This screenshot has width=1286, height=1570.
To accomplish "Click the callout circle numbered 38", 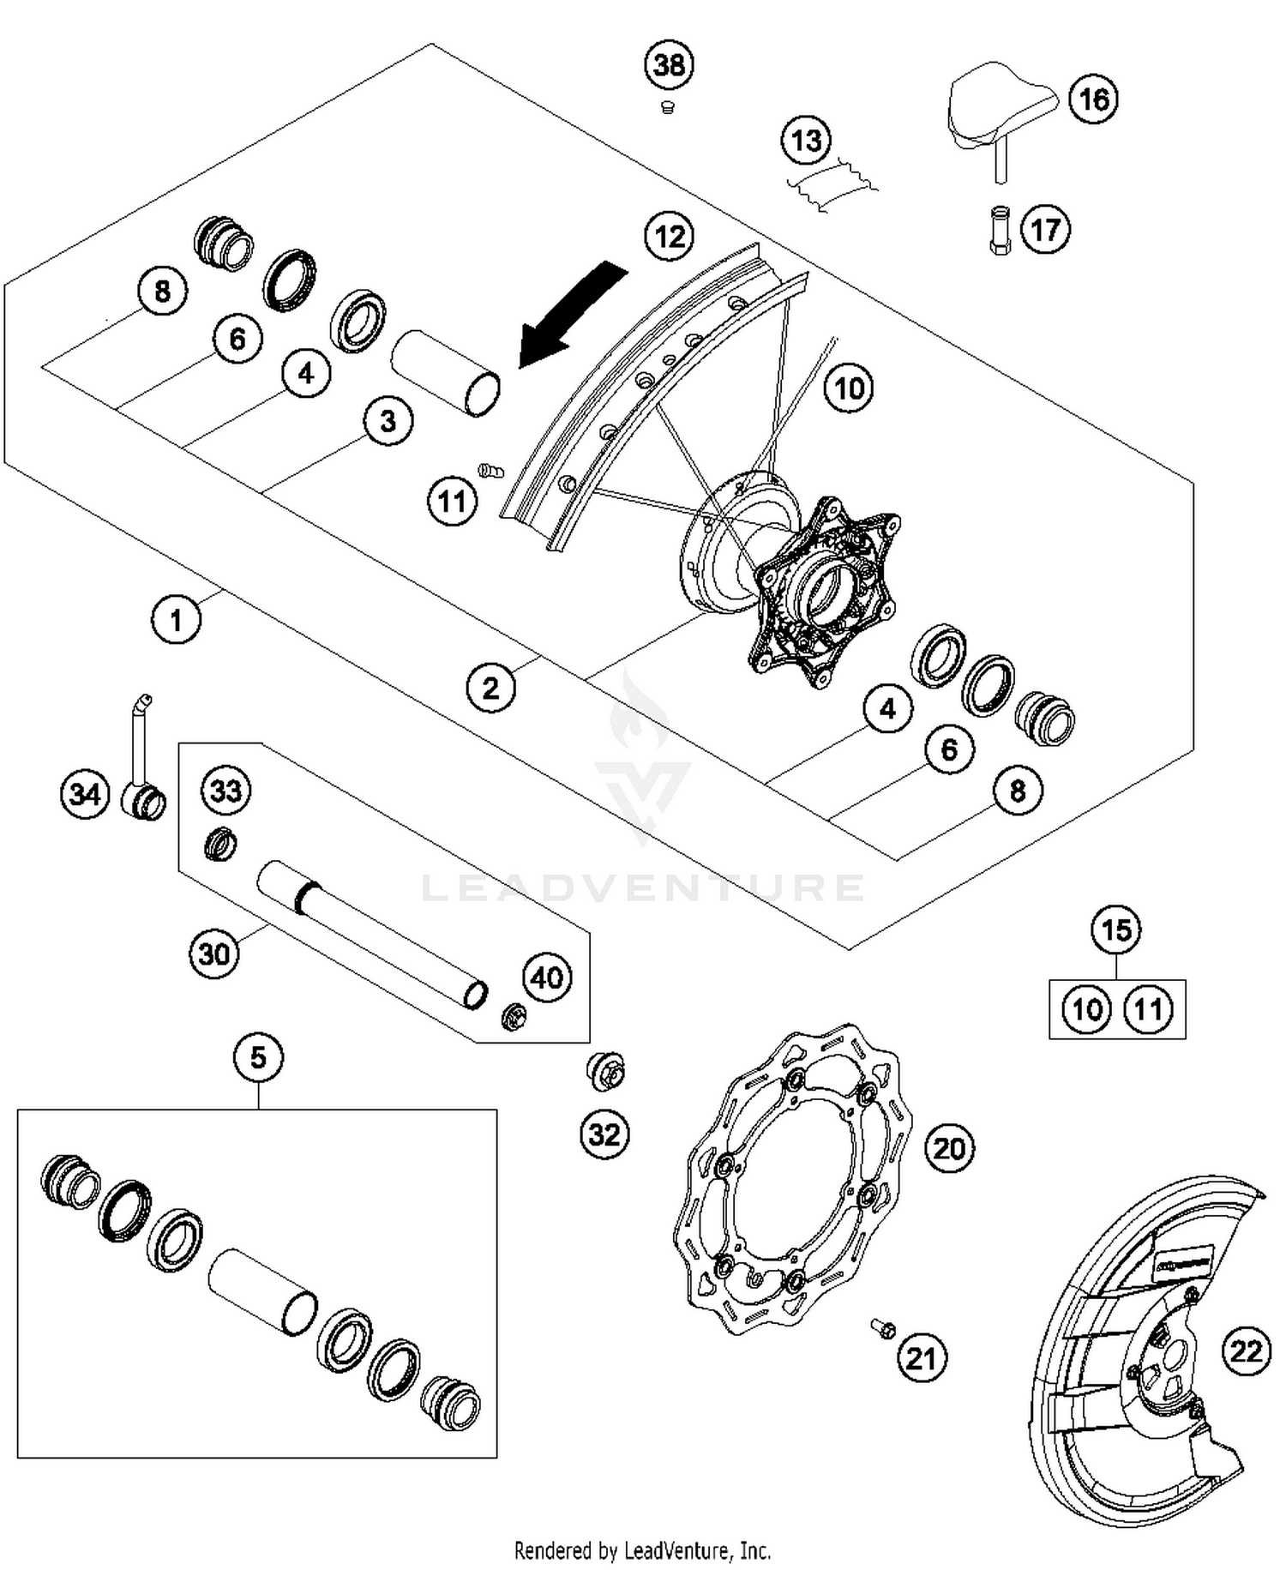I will point(670,65).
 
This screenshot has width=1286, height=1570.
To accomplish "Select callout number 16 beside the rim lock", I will point(1093,99).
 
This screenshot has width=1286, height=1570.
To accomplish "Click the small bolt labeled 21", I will point(883,1328).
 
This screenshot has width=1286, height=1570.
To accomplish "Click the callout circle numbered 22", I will point(1246,1352).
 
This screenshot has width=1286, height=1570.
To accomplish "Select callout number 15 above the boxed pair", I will point(1116,930).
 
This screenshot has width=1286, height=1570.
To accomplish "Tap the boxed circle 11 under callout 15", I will point(1148,1009).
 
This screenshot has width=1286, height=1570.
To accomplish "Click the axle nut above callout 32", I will point(606,1072).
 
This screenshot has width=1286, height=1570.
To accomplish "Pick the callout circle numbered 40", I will point(547,977).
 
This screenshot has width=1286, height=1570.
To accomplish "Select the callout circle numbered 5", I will point(258,1058).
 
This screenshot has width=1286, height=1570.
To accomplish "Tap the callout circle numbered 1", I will point(177,619).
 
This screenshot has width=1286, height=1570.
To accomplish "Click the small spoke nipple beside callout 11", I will point(490,470).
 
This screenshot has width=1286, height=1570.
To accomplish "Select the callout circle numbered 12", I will point(670,236).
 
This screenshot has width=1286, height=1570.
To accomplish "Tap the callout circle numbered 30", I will point(213,953).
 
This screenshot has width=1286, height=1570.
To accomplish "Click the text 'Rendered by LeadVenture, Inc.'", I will point(642,1550).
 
